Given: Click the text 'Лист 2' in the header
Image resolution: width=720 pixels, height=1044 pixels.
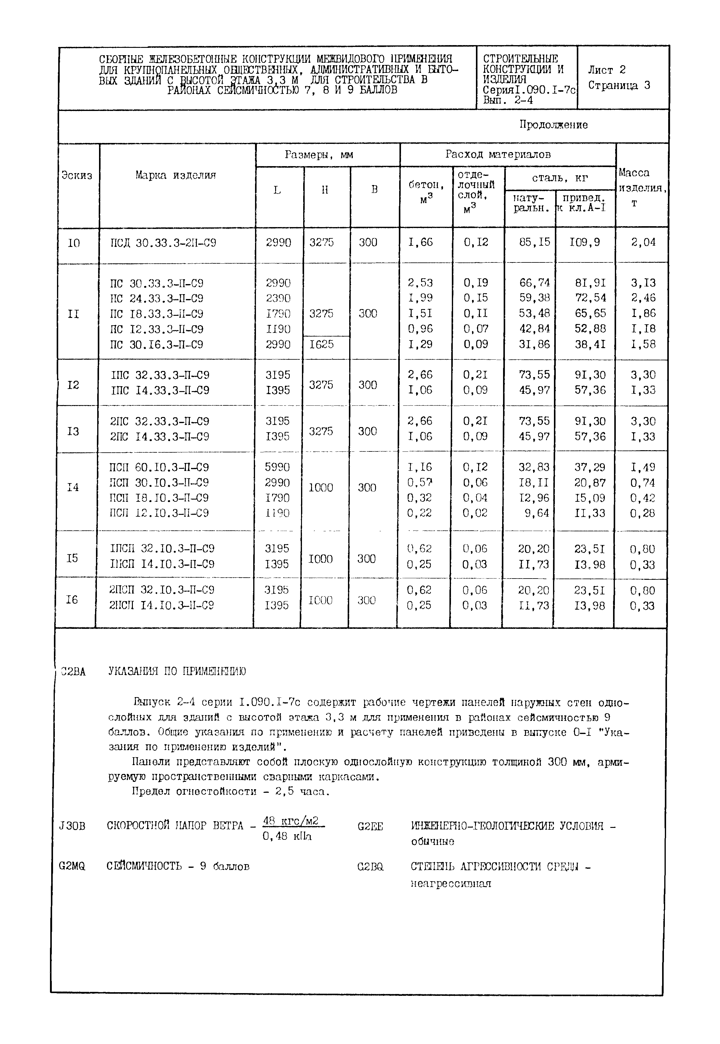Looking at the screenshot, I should pos(606,70).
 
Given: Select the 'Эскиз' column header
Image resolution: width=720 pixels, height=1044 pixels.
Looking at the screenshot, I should pos(77,176).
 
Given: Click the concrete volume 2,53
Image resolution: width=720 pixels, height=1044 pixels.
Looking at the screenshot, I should pos(420,283).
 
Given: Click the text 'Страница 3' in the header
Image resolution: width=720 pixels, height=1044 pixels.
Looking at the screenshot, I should pos(619,86).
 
